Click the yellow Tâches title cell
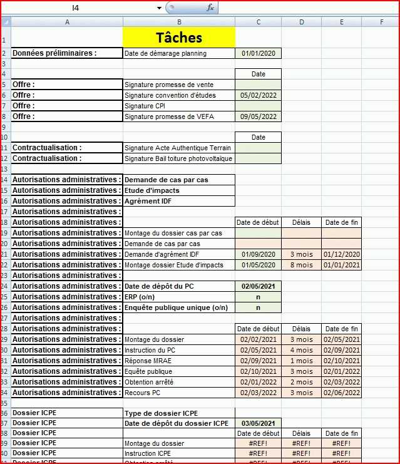click(x=179, y=38)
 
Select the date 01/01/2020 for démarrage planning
click(x=258, y=54)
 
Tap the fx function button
click(x=210, y=8)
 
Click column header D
click(x=301, y=22)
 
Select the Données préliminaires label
click(x=55, y=53)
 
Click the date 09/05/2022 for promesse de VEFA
click(x=258, y=116)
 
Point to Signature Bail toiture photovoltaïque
click(x=178, y=158)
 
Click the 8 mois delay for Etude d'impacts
click(x=301, y=265)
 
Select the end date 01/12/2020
click(x=342, y=254)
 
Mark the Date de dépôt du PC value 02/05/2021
click(x=258, y=286)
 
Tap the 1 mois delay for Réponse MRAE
click(x=301, y=361)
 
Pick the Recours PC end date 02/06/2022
click(x=342, y=393)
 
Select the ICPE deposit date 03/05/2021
click(x=258, y=423)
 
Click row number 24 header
click(x=6, y=286)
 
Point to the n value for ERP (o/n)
click(x=258, y=297)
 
